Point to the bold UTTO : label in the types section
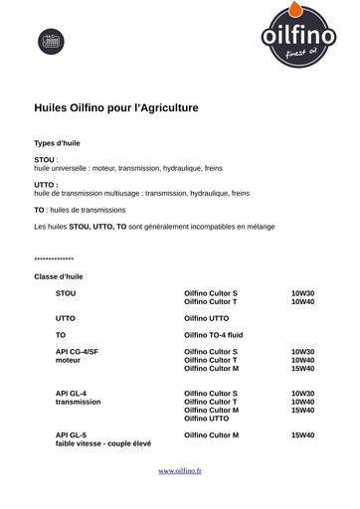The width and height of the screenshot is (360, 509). [x=46, y=185]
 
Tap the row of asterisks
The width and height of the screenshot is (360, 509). [x=54, y=259]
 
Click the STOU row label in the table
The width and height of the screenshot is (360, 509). [x=66, y=294]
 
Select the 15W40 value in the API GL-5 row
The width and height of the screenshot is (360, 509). [x=302, y=435]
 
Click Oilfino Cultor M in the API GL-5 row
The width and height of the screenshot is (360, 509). [x=212, y=435]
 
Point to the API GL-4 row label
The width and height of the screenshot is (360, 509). [x=72, y=394]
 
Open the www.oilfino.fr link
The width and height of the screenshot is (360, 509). [x=180, y=469]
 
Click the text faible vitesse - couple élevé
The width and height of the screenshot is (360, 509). [x=102, y=443]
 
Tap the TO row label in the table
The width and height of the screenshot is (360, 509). [x=61, y=335]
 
